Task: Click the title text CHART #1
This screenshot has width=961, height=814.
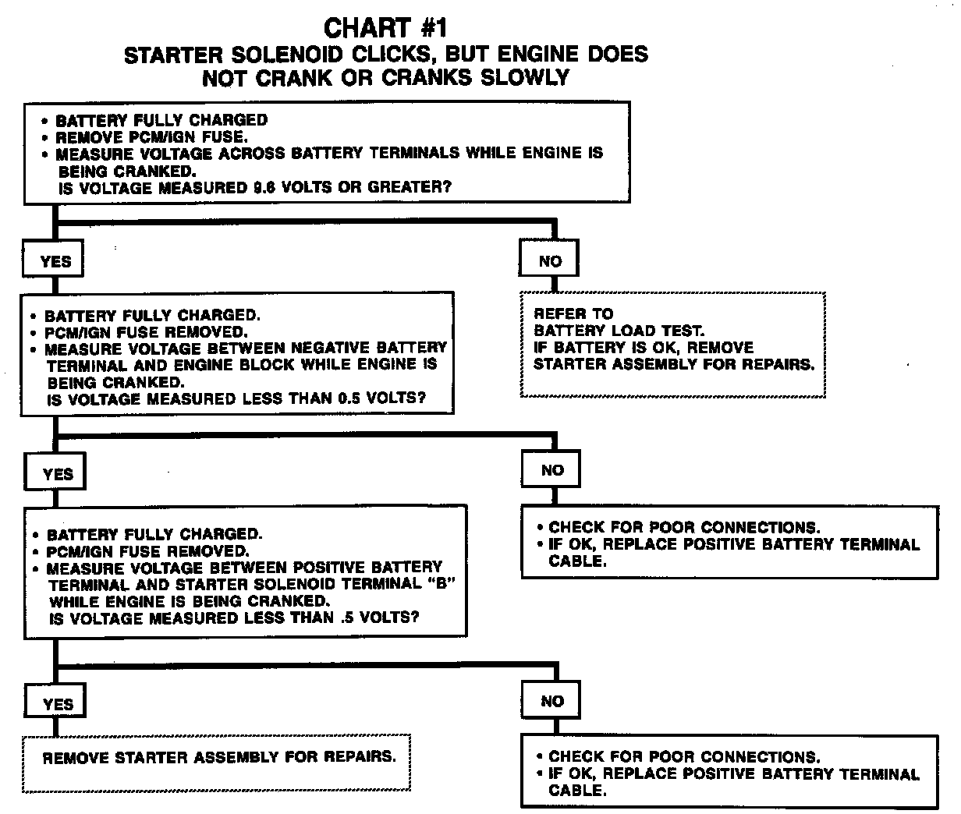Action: (385, 29)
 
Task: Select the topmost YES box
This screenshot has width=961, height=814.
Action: (55, 261)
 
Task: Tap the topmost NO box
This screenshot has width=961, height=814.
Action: (550, 261)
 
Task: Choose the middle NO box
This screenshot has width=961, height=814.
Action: (552, 470)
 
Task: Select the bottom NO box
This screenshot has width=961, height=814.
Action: (552, 701)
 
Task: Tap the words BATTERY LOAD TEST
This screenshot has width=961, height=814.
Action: (619, 331)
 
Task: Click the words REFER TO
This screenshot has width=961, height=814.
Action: (573, 313)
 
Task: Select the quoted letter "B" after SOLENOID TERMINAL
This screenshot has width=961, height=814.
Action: (439, 585)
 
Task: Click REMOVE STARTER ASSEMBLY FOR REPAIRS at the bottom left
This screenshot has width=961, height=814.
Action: (218, 757)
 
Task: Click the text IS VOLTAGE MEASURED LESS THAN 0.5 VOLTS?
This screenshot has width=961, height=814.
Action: (237, 399)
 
